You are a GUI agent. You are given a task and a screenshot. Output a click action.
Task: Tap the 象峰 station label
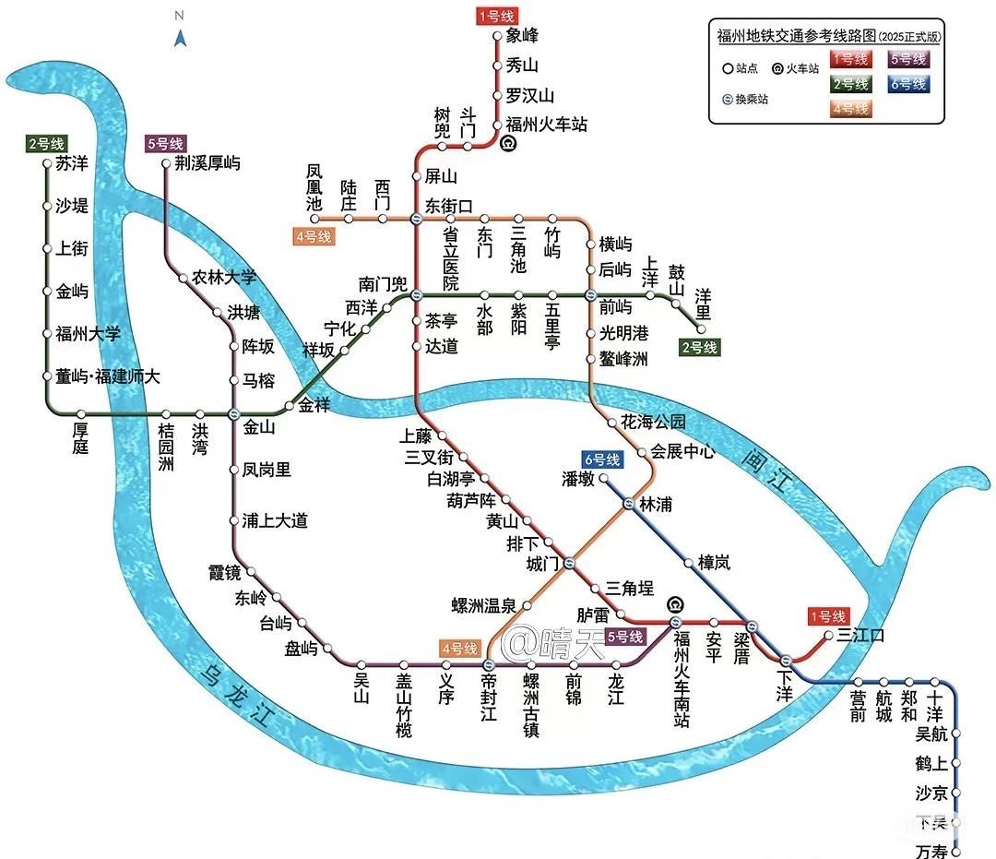(x=522, y=36)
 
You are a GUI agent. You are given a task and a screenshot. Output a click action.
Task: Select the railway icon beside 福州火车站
(x=506, y=143)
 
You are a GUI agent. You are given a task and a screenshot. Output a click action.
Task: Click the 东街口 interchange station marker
(x=416, y=219)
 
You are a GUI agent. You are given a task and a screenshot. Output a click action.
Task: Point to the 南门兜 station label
(x=383, y=283)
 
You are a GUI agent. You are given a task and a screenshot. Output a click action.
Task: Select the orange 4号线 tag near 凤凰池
(x=313, y=236)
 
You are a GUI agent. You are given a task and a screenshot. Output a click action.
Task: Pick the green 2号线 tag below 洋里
(x=698, y=348)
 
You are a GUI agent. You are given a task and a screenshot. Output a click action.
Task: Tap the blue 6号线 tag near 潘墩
(x=602, y=459)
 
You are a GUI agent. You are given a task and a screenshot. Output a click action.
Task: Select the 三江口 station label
(x=860, y=635)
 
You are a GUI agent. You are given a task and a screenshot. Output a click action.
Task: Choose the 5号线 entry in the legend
(x=908, y=59)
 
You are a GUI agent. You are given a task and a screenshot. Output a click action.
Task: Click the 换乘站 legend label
(x=750, y=99)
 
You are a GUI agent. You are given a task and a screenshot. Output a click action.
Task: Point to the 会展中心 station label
(x=682, y=451)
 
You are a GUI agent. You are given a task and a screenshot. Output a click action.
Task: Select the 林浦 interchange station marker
(x=628, y=504)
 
